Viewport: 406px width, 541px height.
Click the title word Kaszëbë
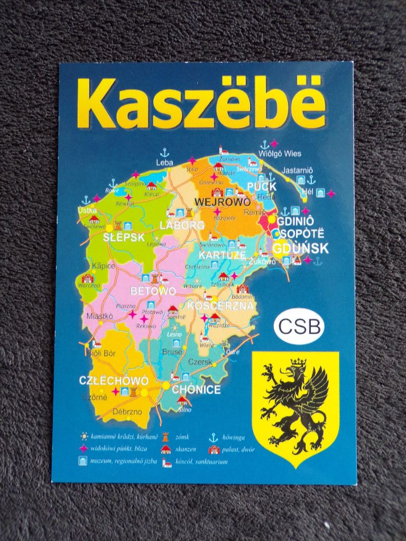pos(201,104)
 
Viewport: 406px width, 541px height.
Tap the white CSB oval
pos(299,326)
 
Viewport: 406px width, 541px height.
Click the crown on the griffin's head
pos(298,362)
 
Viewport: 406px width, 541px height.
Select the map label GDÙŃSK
pos(300,248)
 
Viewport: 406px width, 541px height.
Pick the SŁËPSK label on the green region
pos(124,237)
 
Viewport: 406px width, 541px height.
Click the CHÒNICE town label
pos(196,390)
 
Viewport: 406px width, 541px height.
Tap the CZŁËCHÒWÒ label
pos(113,380)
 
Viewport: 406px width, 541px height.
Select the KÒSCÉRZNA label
pos(220,305)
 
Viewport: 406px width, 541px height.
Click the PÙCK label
pos(262,186)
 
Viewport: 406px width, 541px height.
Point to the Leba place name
pos(164,163)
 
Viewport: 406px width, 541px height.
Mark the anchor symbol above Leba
pos(164,153)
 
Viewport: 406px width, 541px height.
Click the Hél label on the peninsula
pos(307,192)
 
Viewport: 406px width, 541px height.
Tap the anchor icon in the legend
pos(214,437)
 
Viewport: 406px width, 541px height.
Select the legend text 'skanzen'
pos(186,450)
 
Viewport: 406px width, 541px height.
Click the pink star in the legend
pos(83,449)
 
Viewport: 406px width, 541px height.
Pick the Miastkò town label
pos(99,316)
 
